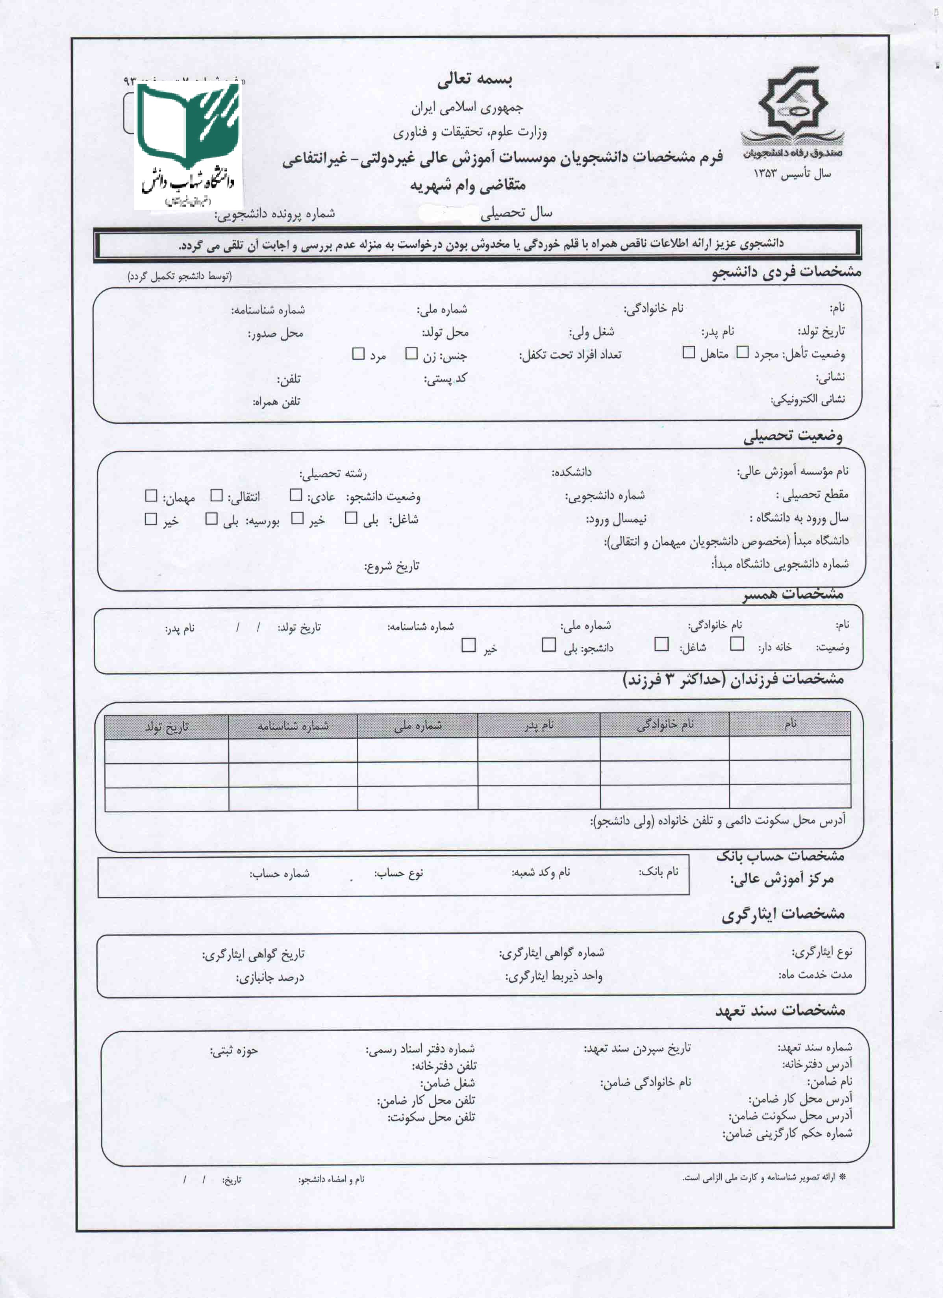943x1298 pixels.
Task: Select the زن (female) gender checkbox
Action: pos(411,354)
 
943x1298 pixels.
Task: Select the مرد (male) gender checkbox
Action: pos(358,354)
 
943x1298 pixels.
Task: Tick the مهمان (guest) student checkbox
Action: pos(151,496)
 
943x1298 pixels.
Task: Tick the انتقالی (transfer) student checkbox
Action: pos(217,496)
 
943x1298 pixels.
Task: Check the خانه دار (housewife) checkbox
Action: pos(737,644)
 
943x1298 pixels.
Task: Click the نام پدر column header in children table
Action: pos(539,725)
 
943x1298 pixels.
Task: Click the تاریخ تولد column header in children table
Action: pos(167,727)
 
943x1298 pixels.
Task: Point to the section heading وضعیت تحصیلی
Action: pos(793,437)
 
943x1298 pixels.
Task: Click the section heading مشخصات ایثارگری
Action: pos(783,915)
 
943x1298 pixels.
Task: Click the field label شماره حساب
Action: pos(280,874)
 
